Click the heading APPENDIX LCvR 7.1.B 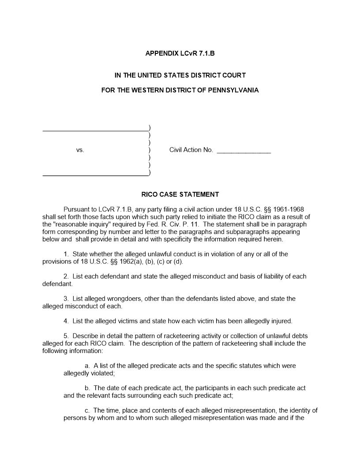pos(180,54)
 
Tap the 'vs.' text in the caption pos(80,150)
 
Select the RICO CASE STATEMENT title pos(180,194)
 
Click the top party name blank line pos(95,129)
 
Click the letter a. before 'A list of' pos(87,366)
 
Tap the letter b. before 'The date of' pos(87,388)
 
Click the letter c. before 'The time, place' pos(87,410)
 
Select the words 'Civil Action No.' pos(191,150)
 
